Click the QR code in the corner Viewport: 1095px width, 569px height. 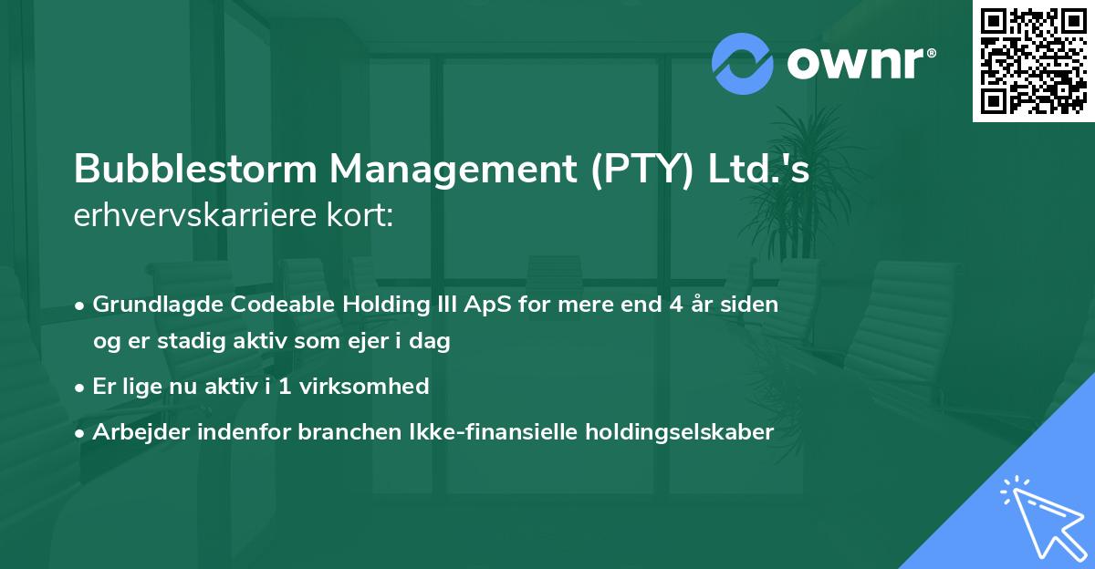click(1033, 60)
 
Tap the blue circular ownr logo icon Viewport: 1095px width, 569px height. click(743, 63)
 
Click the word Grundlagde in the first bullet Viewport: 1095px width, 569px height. click(151, 305)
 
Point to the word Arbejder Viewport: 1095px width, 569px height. click(137, 432)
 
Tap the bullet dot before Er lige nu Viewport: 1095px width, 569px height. click(81, 388)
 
